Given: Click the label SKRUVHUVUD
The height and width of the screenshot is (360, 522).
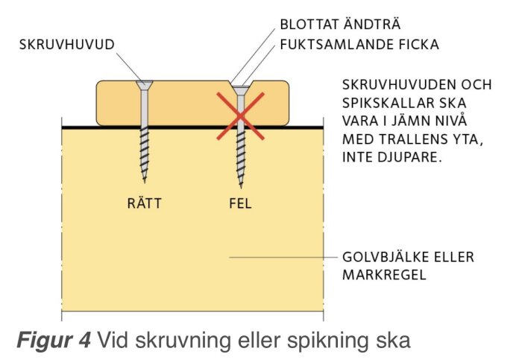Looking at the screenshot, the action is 66,45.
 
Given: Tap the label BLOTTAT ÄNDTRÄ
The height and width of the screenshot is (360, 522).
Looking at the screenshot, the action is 340,25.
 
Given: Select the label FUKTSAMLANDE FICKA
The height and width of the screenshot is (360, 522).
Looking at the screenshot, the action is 359,45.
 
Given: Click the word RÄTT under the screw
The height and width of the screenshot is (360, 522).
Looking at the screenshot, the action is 145,203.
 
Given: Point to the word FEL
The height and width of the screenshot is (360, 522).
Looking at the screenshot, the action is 240,203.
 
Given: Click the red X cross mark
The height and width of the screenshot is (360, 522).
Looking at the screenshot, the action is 240,116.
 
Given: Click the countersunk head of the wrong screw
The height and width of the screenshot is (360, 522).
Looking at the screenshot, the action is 240,90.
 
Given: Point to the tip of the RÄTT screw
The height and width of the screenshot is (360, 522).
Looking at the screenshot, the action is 145,182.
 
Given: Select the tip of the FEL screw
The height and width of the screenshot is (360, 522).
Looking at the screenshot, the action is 241,187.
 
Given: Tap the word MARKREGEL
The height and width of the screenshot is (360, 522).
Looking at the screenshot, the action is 384,275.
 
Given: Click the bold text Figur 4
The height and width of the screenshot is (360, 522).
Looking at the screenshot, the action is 54,340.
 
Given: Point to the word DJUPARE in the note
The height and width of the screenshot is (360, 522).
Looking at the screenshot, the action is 409,157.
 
